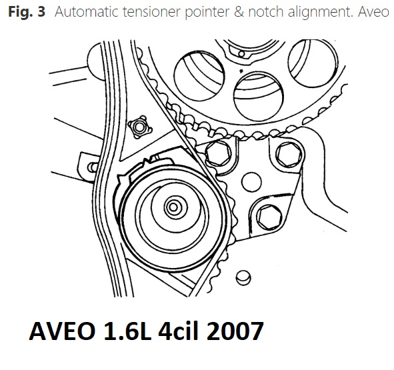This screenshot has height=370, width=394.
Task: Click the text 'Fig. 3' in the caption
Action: tap(27, 12)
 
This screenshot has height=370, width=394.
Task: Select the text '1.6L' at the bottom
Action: tap(127, 331)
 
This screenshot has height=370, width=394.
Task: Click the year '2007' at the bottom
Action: tap(235, 331)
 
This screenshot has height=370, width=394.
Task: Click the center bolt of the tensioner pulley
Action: tap(173, 207)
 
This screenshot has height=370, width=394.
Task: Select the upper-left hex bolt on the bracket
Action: tap(218, 153)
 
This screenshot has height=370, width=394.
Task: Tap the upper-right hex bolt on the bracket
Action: tap(289, 154)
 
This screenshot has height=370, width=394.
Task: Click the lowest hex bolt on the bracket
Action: tap(269, 217)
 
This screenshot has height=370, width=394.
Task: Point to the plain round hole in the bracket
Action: tap(251, 182)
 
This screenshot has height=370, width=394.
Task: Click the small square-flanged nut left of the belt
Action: tap(140, 127)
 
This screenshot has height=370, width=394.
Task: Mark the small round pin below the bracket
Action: tap(243, 277)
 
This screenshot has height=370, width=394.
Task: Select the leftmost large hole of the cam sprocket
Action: tap(199, 75)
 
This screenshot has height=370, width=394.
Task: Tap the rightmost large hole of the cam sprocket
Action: tap(313, 63)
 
